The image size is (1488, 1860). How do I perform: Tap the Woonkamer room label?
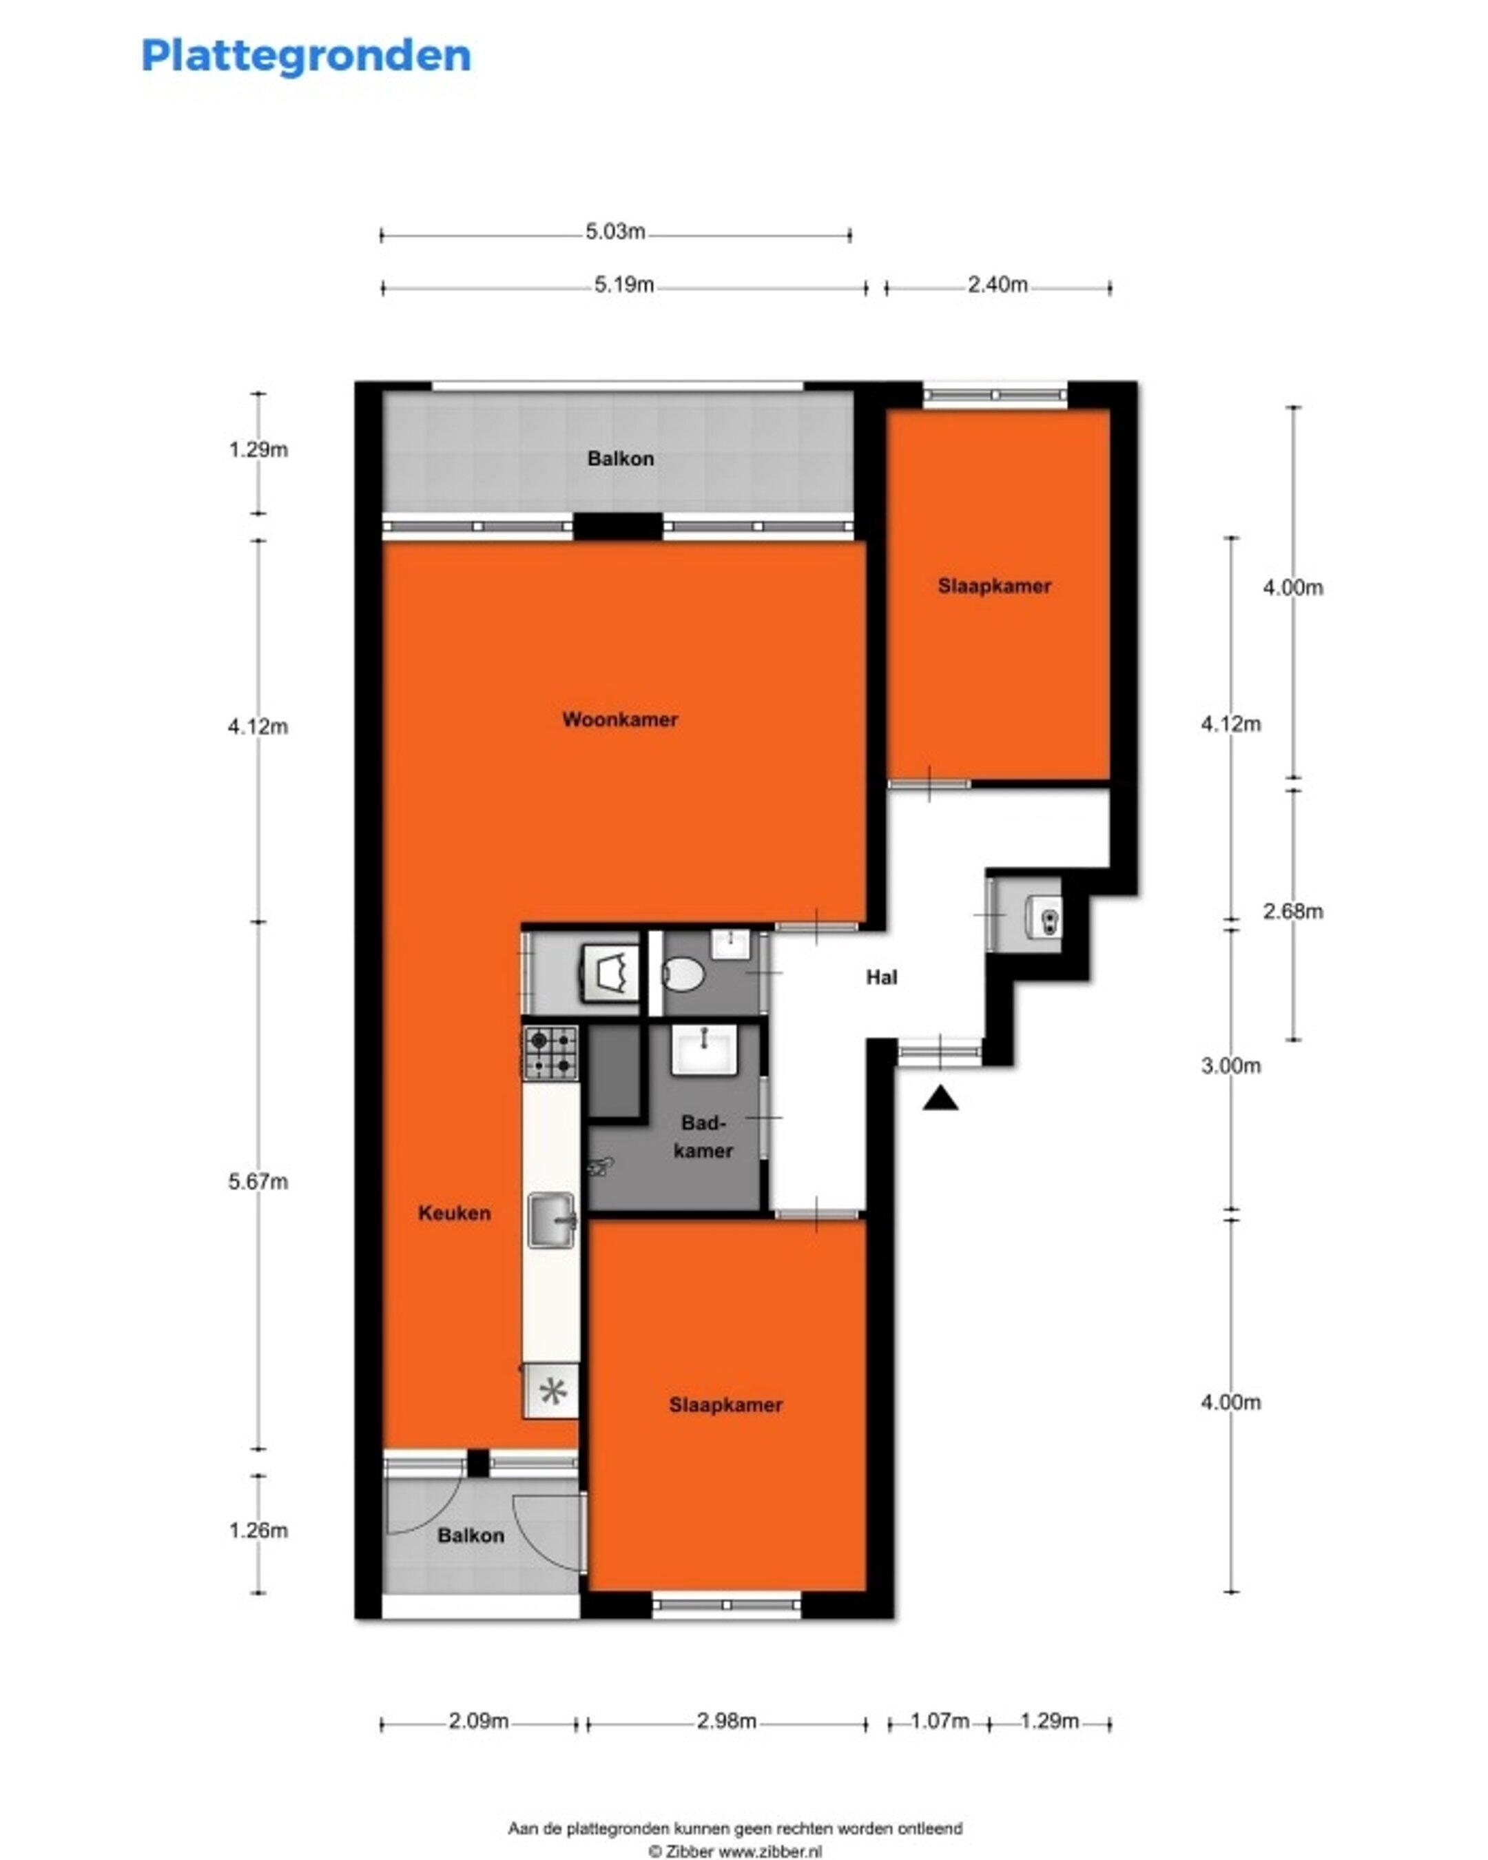(x=619, y=719)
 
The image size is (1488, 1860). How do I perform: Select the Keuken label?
(x=454, y=1213)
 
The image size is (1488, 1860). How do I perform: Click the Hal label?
(x=882, y=977)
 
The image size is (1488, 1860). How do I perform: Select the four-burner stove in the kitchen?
(x=550, y=1052)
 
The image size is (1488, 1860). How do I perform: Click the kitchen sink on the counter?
(x=552, y=1220)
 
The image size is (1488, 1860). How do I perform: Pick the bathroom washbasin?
(x=705, y=1050)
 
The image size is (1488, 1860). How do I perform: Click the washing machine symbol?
(x=611, y=973)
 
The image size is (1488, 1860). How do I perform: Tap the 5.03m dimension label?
(x=615, y=232)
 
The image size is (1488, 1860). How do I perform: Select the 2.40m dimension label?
(x=998, y=285)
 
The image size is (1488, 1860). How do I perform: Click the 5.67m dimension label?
(x=258, y=1182)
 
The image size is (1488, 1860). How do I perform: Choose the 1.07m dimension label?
(x=940, y=1721)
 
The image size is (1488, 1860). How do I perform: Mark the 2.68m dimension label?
(x=1292, y=911)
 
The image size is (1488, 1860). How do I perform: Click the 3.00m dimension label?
(x=1231, y=1066)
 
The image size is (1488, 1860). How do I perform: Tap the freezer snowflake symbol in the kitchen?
(x=551, y=1391)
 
